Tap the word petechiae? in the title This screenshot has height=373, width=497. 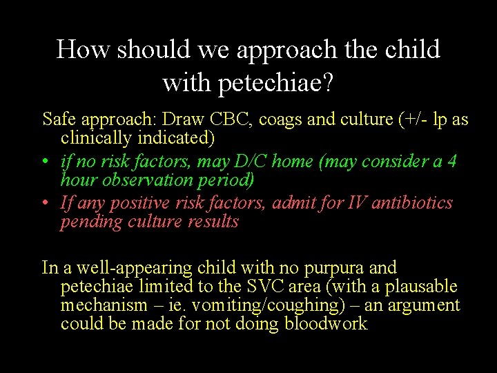coord(275,83)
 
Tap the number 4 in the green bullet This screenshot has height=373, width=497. coord(451,162)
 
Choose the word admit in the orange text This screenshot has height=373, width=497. coord(295,203)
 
